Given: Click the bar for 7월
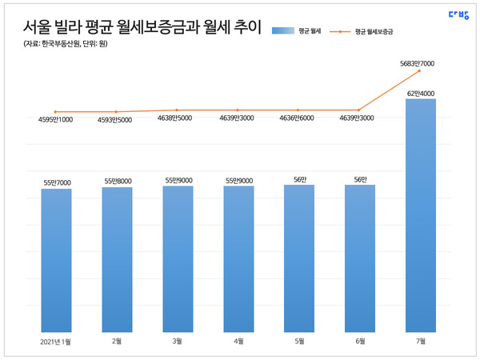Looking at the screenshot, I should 421,216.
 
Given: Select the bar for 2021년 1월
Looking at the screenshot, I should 56,261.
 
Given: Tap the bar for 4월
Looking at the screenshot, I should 238,259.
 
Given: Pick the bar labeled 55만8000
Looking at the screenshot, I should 117,260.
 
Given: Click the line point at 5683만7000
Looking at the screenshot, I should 420,71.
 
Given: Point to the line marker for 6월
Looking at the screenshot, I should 359,110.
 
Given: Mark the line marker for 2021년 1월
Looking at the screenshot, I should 56,112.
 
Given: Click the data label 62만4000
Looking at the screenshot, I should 421,94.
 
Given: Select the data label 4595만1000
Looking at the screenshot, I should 56,121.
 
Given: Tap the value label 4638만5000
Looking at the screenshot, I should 178,119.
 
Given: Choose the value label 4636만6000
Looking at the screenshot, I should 298,119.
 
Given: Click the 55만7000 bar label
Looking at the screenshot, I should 56,183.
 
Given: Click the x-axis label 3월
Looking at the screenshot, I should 178,342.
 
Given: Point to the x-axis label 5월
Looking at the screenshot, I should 298,342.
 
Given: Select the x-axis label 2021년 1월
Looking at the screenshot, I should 56,342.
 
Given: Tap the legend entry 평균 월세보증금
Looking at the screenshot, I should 372,30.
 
